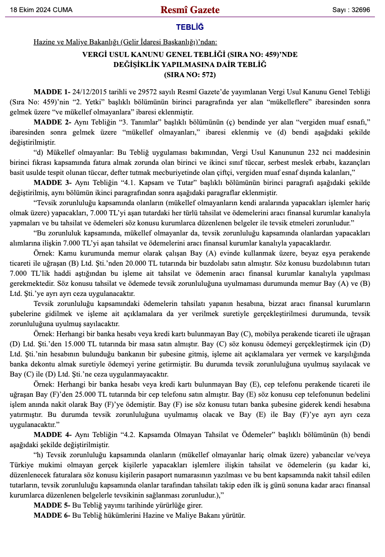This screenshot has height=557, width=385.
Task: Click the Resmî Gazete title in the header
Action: (190, 10)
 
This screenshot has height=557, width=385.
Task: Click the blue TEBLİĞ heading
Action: (190, 27)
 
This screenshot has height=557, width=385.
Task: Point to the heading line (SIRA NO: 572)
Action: (190, 75)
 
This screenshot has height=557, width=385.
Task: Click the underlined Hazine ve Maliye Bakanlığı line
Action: (125, 42)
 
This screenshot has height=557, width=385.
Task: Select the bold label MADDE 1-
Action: (52, 92)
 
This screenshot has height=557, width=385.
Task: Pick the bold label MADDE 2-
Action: (52, 122)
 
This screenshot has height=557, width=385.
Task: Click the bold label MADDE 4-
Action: (52, 434)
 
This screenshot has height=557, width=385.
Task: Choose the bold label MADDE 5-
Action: (52, 505)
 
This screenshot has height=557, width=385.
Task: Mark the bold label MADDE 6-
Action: (52, 515)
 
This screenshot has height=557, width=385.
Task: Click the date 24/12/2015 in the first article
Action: (91, 92)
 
